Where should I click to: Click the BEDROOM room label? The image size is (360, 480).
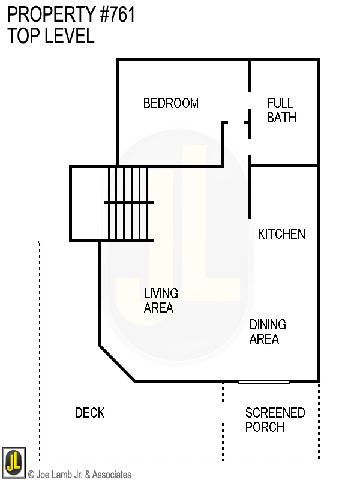pyautogui.click(x=170, y=103)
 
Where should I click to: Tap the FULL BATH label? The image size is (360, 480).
pyautogui.click(x=281, y=110)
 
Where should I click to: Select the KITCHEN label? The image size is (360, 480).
pyautogui.click(x=281, y=234)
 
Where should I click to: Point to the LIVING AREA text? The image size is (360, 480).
pyautogui.click(x=161, y=301)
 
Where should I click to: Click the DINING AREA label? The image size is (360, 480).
pyautogui.click(x=268, y=332)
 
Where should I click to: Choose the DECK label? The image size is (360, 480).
pyautogui.click(x=89, y=413)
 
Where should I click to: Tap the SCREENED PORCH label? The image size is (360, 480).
pyautogui.click(x=275, y=420)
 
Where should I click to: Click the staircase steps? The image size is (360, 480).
pyautogui.click(x=128, y=203)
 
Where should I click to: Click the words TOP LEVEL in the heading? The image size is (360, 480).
pyautogui.click(x=51, y=36)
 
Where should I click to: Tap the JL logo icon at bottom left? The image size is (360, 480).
pyautogui.click(x=13, y=461)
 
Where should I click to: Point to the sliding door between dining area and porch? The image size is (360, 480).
pyautogui.click(x=263, y=382)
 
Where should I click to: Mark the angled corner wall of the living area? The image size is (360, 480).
pyautogui.click(x=117, y=363)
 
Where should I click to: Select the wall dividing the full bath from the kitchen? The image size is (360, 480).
pyautogui.click(x=283, y=165)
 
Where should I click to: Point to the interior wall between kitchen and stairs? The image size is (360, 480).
pyautogui.click(x=250, y=192)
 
